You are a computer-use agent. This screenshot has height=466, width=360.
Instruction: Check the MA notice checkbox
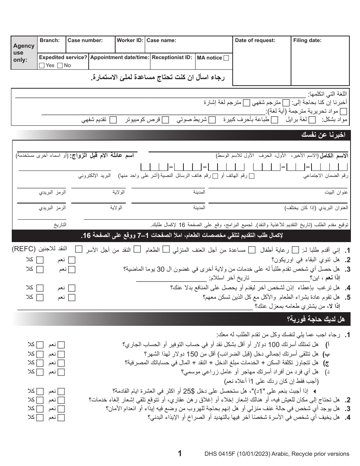(x=226, y=58)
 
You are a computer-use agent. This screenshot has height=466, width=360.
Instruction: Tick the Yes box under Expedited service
(x=42, y=66)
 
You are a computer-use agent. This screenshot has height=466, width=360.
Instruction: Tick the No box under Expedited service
(x=60, y=66)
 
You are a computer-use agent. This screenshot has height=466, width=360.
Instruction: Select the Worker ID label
(x=130, y=41)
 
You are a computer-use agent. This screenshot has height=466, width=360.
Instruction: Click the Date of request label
(x=255, y=41)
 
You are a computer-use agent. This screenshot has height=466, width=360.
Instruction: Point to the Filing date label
(x=307, y=41)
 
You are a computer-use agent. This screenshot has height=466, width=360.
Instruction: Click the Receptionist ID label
(x=172, y=58)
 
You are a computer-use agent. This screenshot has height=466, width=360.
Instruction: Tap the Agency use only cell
(x=24, y=53)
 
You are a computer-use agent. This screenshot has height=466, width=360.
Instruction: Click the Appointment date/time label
(x=119, y=58)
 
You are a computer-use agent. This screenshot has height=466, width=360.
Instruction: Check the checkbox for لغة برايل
(x=313, y=120)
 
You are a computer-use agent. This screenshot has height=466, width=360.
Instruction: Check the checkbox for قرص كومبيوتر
(x=166, y=120)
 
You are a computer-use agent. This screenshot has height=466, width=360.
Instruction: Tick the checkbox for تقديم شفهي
(x=113, y=120)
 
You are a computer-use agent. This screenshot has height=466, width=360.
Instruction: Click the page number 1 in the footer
(x=180, y=453)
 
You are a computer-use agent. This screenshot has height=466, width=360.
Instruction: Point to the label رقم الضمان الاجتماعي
(x=326, y=176)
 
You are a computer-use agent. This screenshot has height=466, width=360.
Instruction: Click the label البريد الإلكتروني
(x=95, y=176)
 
